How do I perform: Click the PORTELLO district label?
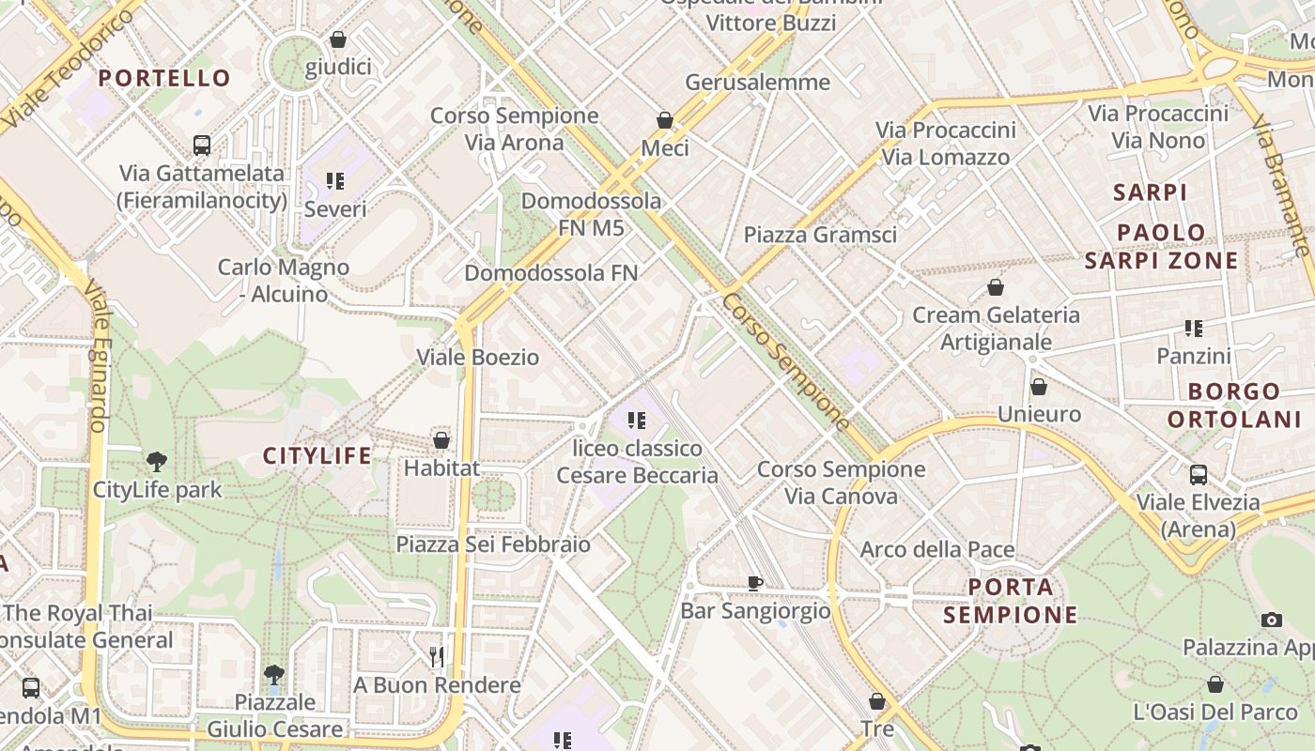pyautogui.click(x=164, y=78)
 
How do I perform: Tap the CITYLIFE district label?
pyautogui.click(x=317, y=456)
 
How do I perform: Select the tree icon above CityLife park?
pyautogui.click(x=157, y=461)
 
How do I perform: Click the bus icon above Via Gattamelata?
pyautogui.click(x=202, y=145)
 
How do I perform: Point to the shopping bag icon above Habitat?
pyautogui.click(x=441, y=439)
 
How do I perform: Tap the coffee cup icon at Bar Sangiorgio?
pyautogui.click(x=754, y=583)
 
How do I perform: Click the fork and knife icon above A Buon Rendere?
pyautogui.click(x=436, y=656)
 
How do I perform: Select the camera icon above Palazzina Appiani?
pyautogui.click(x=1272, y=620)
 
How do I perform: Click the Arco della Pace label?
pyautogui.click(x=937, y=550)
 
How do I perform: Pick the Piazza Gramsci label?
pyautogui.click(x=820, y=235)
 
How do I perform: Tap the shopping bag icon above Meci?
pyautogui.click(x=665, y=120)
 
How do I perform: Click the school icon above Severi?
pyautogui.click(x=335, y=180)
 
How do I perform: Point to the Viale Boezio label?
pyautogui.click(x=478, y=358)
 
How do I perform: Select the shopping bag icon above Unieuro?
pyautogui.click(x=1039, y=386)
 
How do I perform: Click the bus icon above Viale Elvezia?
pyautogui.click(x=1199, y=474)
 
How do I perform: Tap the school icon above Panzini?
pyautogui.click(x=1194, y=329)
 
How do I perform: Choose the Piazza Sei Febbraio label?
pyautogui.click(x=493, y=544)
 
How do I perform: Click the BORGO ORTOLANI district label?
pyautogui.click(x=1234, y=405)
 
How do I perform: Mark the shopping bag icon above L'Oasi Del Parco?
pyautogui.click(x=1215, y=684)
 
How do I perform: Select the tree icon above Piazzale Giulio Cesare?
pyautogui.click(x=274, y=674)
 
